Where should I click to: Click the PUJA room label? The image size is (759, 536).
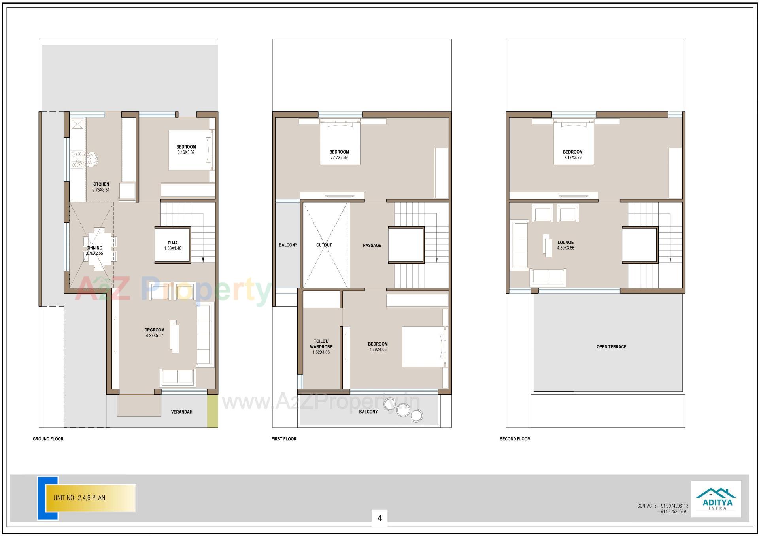click(172, 243)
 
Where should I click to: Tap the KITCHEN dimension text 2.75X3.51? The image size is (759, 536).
click(101, 190)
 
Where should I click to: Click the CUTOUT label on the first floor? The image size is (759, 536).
click(324, 245)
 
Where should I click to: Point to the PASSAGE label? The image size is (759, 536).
click(372, 246)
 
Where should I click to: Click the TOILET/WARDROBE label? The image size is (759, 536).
click(321, 344)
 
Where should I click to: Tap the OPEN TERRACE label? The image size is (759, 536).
click(611, 347)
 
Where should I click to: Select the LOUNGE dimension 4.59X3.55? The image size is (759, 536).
click(565, 248)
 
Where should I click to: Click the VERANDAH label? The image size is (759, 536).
click(181, 412)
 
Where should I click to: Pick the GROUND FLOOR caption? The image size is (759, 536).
click(48, 439)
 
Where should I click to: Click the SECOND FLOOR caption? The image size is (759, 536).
click(515, 439)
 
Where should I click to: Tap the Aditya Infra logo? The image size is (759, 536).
click(716, 499)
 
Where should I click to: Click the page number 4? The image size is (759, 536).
click(379, 518)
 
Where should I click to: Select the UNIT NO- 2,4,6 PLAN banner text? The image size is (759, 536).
click(79, 498)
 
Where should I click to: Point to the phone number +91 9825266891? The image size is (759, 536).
click(672, 512)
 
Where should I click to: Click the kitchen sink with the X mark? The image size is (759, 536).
click(77, 124)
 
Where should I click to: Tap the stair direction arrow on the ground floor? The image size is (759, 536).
click(203, 260)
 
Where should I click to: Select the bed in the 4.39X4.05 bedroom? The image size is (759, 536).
click(423, 346)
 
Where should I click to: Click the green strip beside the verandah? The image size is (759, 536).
click(212, 411)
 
